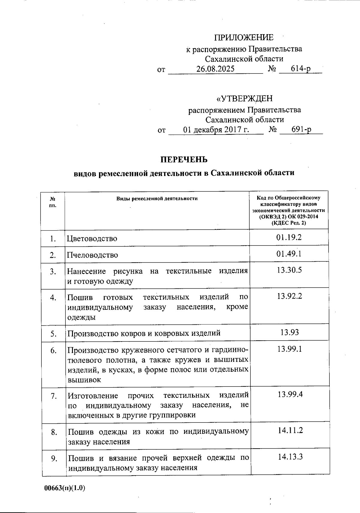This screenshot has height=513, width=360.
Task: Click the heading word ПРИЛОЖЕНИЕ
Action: (244, 37)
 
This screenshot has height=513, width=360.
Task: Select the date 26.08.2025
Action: (215, 69)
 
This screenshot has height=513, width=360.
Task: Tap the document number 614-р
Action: (301, 69)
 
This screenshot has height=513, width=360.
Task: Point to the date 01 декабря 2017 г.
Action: (216, 130)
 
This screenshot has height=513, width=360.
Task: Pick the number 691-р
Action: (301, 130)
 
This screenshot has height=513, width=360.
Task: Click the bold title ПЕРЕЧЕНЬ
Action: (184, 159)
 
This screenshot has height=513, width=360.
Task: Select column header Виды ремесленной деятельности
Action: (157, 198)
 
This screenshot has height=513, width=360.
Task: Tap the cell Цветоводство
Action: (92, 239)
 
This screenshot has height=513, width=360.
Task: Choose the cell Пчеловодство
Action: (92, 255)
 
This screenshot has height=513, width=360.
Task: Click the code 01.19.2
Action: (289, 237)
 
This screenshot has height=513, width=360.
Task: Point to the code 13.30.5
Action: (289, 270)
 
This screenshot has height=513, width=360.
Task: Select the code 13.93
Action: (289, 332)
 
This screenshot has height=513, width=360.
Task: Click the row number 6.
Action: (53, 350)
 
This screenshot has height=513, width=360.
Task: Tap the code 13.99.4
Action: (290, 394)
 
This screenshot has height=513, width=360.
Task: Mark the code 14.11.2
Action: (290, 431)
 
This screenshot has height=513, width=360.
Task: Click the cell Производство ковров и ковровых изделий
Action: (144, 333)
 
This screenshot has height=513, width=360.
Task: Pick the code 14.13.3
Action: (290, 457)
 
